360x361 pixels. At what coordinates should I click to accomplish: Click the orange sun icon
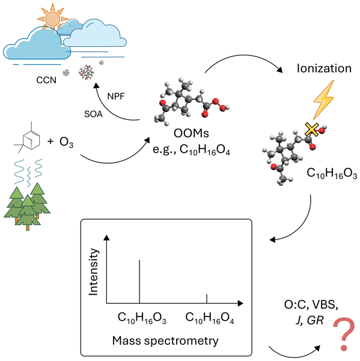(x=52, y=18)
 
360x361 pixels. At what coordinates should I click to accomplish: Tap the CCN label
(x=46, y=80)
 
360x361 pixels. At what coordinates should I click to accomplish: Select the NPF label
(x=116, y=96)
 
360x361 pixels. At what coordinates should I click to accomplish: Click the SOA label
(x=93, y=114)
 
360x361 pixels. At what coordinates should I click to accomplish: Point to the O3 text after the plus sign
(x=66, y=142)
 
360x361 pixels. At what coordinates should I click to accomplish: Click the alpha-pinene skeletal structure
(x=27, y=137)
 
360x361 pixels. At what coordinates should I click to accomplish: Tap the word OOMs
(x=191, y=133)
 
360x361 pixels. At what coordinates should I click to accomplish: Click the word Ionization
(x=324, y=69)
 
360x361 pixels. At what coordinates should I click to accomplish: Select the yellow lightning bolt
(x=324, y=99)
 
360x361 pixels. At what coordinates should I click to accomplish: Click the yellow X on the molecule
(x=312, y=129)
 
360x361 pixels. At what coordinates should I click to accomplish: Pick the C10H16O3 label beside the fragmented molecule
(x=332, y=173)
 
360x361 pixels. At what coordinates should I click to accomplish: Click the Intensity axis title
(x=94, y=272)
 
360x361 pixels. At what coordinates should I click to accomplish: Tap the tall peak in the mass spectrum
(x=139, y=282)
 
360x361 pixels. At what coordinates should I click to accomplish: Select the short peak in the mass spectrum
(x=207, y=298)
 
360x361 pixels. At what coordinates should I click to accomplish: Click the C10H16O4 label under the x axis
(x=210, y=318)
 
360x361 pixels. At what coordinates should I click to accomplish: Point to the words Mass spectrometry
(x=165, y=341)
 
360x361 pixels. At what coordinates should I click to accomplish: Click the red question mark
(x=344, y=334)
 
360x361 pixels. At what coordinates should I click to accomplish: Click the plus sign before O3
(x=50, y=141)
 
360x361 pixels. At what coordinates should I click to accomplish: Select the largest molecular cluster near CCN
(x=87, y=72)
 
